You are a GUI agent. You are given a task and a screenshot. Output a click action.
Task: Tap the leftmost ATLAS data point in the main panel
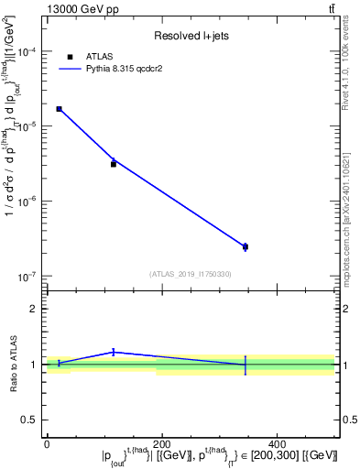coord(60,109)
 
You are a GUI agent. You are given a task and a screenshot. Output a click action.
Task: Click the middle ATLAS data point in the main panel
coord(114,164)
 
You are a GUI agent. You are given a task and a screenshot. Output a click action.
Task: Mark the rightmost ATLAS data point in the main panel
coord(245,246)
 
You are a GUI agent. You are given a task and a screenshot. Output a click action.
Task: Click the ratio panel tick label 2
coord(33,309)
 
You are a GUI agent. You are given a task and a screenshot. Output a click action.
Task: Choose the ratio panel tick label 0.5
coord(30,420)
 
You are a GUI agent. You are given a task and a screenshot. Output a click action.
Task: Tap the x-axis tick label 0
coord(47,443)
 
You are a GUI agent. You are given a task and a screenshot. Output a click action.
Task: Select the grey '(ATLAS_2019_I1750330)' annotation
coord(191,274)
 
